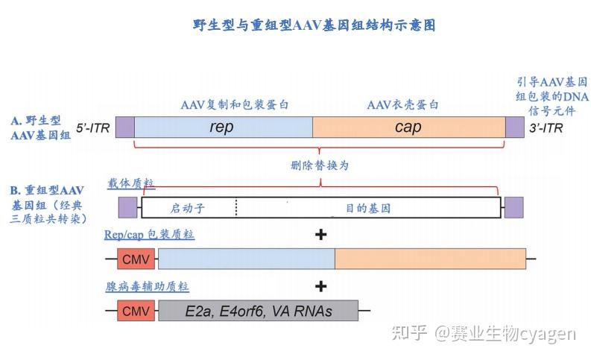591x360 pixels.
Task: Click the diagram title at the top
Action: click(x=314, y=25)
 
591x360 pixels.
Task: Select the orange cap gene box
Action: click(x=408, y=127)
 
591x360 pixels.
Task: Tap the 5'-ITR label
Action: click(x=92, y=128)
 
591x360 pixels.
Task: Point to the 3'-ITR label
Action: click(x=548, y=128)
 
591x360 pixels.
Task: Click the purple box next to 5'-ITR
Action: click(x=124, y=127)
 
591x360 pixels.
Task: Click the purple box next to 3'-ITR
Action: click(x=514, y=127)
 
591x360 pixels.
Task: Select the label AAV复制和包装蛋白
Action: click(x=235, y=105)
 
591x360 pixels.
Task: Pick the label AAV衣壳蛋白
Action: click(x=402, y=105)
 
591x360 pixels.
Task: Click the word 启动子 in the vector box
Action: click(x=186, y=208)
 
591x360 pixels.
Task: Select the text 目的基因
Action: click(x=367, y=208)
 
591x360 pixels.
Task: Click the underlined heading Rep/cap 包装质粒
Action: click(x=149, y=235)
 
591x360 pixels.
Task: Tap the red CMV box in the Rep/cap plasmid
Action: click(x=135, y=259)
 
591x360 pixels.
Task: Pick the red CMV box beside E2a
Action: click(x=135, y=310)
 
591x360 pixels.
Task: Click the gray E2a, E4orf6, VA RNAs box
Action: click(x=258, y=310)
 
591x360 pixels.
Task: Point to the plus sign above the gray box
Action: click(x=321, y=286)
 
